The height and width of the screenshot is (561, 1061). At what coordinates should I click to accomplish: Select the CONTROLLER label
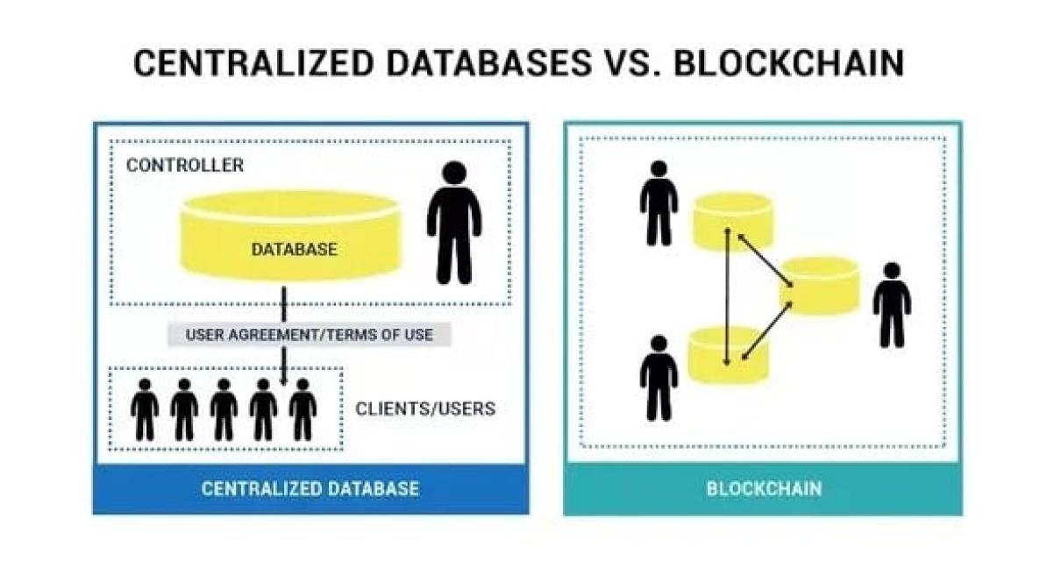point(185,165)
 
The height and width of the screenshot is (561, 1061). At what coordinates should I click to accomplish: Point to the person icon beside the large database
point(453,226)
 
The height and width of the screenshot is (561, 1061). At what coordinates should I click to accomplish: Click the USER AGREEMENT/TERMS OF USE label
point(309,335)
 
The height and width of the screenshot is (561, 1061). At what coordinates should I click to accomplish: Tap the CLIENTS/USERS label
point(425,408)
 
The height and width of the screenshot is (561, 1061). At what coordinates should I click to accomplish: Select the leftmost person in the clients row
point(145,409)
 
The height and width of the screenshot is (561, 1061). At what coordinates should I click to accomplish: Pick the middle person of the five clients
point(224,409)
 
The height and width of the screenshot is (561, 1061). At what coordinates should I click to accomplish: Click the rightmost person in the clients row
point(303,409)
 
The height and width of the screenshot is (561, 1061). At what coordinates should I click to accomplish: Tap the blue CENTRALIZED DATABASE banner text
point(310,488)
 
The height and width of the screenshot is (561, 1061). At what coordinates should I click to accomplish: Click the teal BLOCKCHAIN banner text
point(764,488)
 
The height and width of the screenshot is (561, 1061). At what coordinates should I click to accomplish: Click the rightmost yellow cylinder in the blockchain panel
point(819,286)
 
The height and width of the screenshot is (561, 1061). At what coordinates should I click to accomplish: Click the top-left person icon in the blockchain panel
point(659,203)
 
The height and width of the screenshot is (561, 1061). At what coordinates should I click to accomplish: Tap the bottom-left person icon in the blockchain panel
point(659,378)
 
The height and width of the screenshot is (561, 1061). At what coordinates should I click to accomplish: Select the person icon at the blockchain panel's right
point(892,305)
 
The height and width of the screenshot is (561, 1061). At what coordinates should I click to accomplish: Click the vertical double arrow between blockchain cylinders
point(726,296)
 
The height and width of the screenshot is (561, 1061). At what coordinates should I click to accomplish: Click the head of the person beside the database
point(453,174)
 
